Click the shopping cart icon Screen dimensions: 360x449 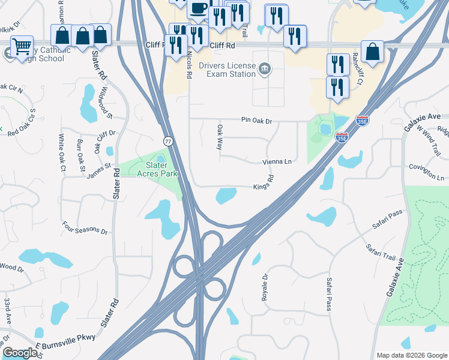22,46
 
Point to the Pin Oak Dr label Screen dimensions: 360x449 257,121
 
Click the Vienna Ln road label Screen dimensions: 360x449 277,162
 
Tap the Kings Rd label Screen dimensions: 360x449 265,182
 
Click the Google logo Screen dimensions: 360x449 20,353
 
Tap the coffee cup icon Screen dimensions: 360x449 198,8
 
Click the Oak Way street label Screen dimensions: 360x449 220,137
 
